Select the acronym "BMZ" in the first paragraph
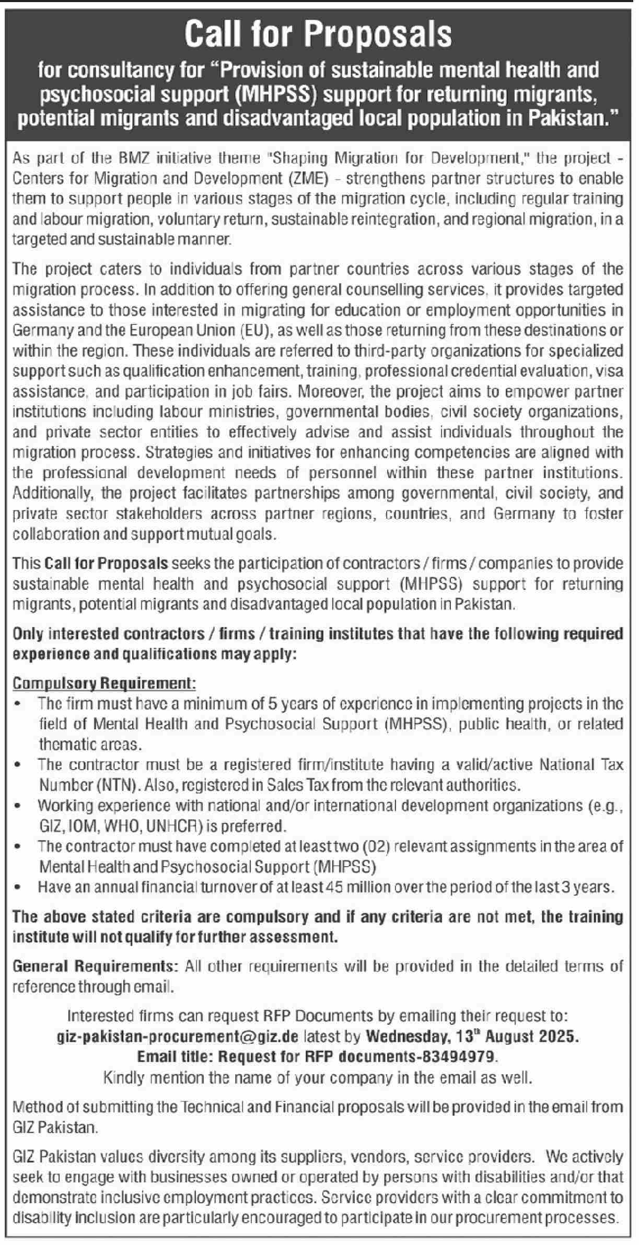pos(119,158)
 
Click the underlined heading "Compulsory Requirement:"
pos(104,683)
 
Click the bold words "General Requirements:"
pos(96,967)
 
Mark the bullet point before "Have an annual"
pos(19,887)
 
